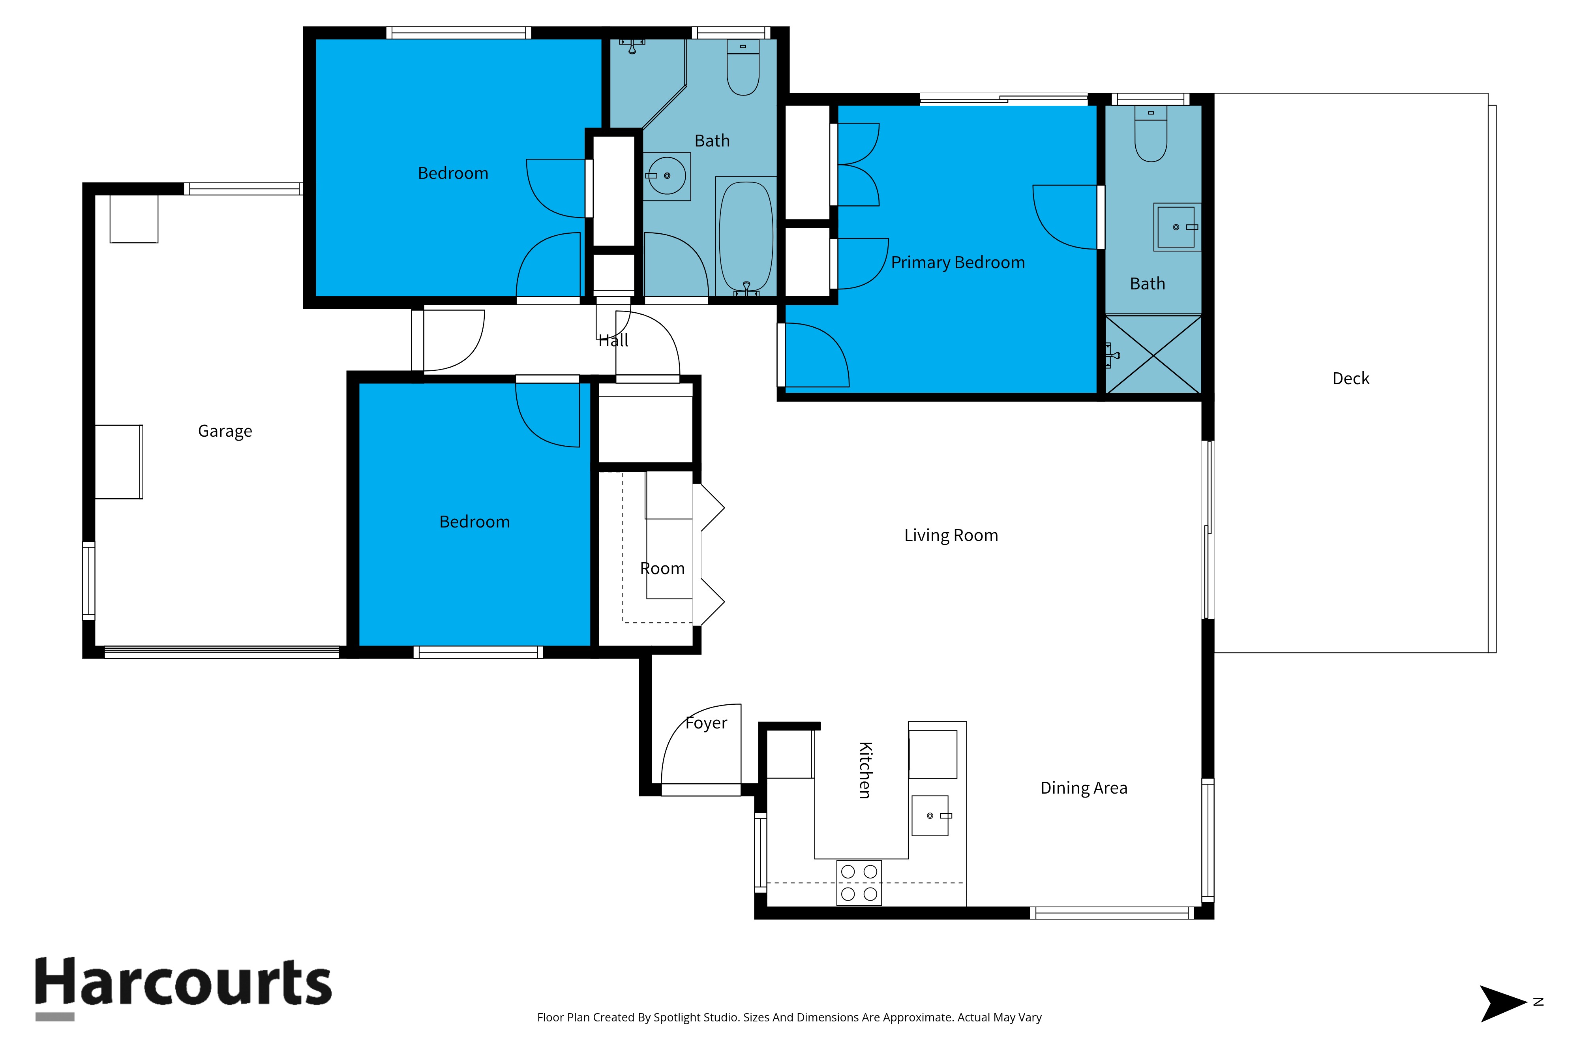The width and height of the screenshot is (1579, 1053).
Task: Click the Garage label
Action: pos(225,431)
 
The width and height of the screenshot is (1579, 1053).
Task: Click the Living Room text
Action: pos(951,535)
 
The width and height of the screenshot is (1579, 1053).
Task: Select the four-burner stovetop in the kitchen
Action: pos(859,882)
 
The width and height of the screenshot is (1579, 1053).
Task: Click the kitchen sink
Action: pos(930,815)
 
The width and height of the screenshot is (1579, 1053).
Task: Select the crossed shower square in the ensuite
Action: pos(1153,355)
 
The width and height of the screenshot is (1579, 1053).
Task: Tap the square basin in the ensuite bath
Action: pos(1176,227)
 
